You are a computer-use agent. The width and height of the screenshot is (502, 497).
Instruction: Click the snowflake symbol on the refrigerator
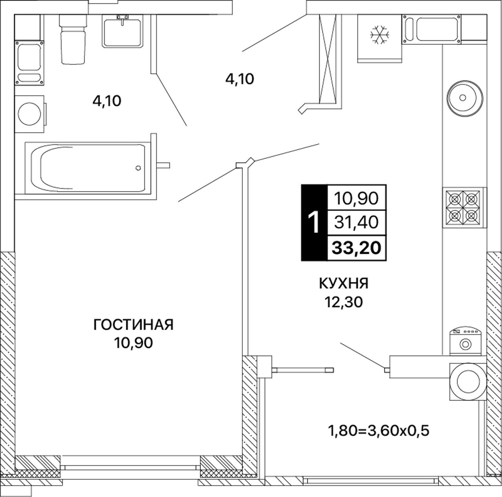380,35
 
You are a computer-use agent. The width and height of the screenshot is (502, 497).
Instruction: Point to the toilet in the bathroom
73,39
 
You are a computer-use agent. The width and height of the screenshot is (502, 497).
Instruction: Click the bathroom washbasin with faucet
122,31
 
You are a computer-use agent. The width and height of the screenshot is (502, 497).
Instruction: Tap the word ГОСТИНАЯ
133,325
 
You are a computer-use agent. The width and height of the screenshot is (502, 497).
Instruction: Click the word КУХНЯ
344,284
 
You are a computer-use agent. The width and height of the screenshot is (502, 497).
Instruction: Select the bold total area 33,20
356,248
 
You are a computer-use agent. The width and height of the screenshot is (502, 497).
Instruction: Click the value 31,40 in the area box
356,222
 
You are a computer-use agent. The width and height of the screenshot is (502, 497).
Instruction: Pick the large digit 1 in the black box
314,222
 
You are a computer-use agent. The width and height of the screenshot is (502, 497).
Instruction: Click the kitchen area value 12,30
344,302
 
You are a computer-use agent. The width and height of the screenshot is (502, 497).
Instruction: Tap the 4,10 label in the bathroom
107,101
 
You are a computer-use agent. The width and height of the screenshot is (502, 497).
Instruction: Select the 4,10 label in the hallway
239,79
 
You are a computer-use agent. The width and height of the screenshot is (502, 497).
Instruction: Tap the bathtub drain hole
138,168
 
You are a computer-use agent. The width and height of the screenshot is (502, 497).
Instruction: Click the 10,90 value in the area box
356,198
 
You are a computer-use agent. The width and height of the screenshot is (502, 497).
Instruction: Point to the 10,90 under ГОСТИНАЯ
133,343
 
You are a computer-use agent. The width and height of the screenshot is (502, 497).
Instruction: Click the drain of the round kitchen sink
463,98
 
